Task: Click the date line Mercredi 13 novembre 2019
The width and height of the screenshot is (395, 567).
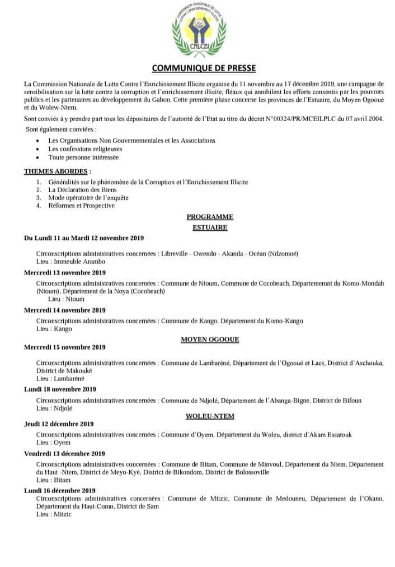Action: pyautogui.click(x=65, y=273)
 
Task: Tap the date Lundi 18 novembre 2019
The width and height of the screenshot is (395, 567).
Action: pyautogui.click(x=60, y=389)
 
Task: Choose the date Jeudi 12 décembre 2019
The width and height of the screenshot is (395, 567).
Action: pyautogui.click(x=59, y=424)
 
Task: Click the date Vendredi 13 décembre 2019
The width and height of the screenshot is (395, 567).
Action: pyautogui.click(x=64, y=453)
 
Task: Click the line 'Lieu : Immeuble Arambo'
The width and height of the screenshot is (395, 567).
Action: pyautogui.click(x=70, y=261)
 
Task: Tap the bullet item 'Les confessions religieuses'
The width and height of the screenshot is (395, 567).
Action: pyautogui.click(x=85, y=149)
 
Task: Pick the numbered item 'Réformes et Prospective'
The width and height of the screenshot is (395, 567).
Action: pyautogui.click(x=81, y=206)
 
